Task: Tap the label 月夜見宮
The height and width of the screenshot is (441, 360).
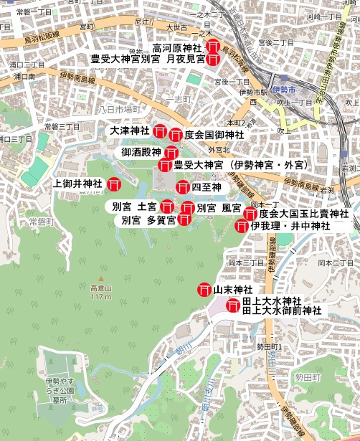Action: pyautogui.click(x=184, y=59)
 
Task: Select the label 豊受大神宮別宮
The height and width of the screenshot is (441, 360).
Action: pyautogui.click(x=125, y=59)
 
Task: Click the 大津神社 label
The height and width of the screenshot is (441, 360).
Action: pyautogui.click(x=129, y=131)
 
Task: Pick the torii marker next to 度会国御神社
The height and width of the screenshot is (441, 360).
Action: pyautogui.click(x=176, y=134)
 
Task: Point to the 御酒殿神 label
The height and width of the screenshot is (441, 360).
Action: pyautogui.click(x=141, y=152)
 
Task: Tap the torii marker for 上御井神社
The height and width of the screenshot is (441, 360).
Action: pyautogui.click(x=113, y=184)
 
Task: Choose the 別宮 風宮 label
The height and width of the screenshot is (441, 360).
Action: pyautogui.click(x=219, y=207)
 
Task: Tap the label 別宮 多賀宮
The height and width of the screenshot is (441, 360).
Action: pyautogui.click(x=148, y=219)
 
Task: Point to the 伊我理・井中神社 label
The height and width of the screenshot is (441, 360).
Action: pyautogui.click(x=290, y=226)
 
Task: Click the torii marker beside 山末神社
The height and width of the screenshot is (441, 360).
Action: pyautogui.click(x=204, y=290)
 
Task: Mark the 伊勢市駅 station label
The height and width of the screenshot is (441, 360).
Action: pyautogui.click(x=253, y=92)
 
